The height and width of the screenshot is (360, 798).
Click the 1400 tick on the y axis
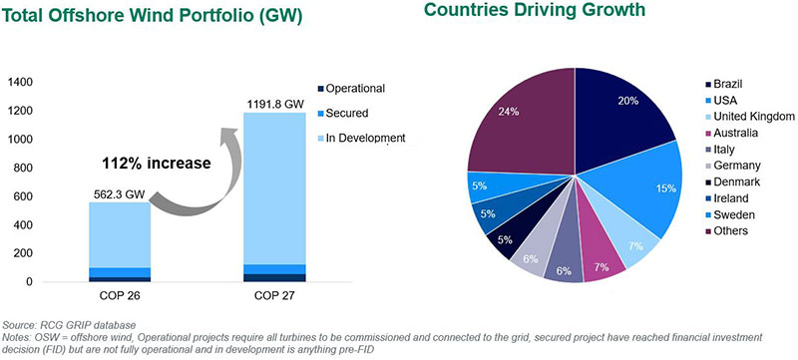pos(20,82)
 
